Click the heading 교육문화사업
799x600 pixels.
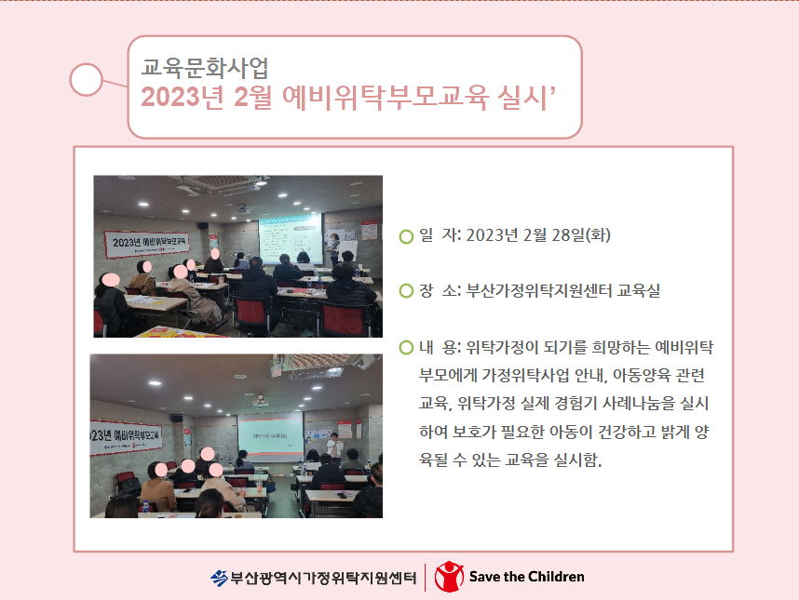[205, 68]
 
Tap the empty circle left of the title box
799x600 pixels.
[86, 79]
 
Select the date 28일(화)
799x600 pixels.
[581, 235]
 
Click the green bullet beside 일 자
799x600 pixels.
[406, 236]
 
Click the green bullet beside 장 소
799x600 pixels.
[406, 291]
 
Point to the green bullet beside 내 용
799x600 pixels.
[406, 348]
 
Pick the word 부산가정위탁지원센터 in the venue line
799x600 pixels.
[538, 290]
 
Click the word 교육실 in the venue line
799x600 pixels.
[639, 290]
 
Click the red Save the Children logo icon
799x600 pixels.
[449, 577]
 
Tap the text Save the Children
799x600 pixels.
[526, 577]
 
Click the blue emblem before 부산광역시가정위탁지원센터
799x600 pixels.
[219, 578]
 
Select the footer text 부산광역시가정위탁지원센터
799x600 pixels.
[323, 578]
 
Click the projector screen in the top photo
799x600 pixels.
[291, 236]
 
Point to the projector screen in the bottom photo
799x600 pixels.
[271, 437]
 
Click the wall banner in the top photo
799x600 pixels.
[147, 244]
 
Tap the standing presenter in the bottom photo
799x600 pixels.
[334, 448]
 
